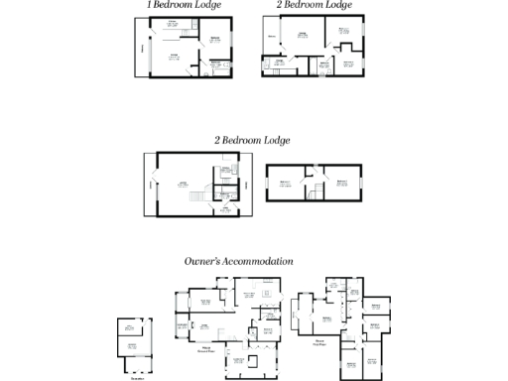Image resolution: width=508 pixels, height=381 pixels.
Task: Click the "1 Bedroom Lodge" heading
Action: [184, 6]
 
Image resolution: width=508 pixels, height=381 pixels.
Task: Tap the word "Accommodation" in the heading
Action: [261, 261]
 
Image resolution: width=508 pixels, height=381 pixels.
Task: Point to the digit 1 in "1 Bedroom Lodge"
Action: [150, 6]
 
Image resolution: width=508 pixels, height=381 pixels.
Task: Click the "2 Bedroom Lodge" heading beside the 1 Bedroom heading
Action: [314, 6]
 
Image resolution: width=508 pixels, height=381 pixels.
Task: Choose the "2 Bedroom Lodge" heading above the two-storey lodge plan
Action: [252, 140]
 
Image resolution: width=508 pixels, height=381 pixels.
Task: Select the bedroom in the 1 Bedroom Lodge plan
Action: [216, 42]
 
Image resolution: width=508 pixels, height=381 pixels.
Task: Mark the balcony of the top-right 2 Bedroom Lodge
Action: [271, 40]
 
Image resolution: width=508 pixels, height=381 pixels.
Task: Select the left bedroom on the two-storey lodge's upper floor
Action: [287, 184]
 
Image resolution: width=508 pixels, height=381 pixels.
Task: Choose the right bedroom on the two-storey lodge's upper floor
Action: [340, 184]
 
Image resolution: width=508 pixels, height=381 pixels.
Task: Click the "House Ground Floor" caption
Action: [206, 350]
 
